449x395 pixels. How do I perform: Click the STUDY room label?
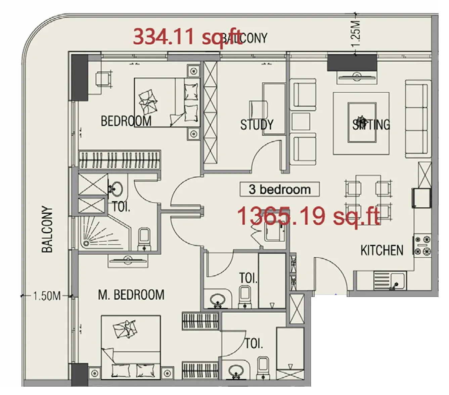pos(257,125)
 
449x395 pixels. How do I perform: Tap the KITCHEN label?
pos(382,251)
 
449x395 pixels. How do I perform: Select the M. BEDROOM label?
pos(131,295)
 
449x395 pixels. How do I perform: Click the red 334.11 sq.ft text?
pos(187,37)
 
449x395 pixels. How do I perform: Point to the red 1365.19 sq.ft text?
pos(308,216)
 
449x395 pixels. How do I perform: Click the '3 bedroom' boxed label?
pos(279,189)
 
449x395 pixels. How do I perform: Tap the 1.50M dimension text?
pos(47,296)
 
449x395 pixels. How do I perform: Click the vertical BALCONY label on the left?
pos(47,229)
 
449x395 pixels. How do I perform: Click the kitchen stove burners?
pos(422,246)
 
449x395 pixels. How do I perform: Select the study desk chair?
pos(258,109)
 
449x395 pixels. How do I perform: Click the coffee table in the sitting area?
pos(361,123)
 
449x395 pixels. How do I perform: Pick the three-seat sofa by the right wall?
pos(417,119)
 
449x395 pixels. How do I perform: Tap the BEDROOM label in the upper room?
pos(126,121)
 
